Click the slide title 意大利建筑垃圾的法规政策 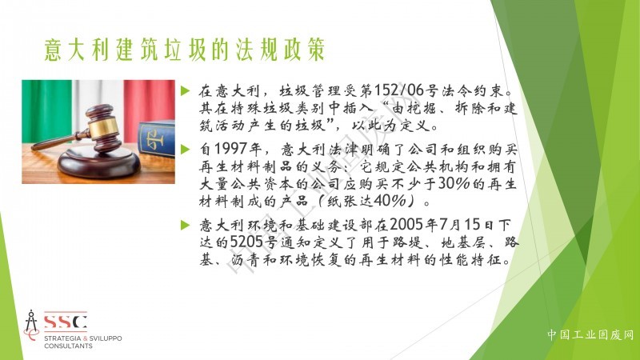185,50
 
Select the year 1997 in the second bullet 230,149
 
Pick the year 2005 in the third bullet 406,225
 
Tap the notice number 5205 247,242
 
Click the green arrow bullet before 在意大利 186,90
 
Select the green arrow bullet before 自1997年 186,150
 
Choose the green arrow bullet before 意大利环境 186,225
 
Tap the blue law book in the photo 157,138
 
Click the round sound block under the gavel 99,162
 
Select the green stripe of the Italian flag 46,110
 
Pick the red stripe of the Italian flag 150,107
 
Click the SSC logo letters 66,322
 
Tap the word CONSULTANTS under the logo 68,346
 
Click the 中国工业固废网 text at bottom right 590,335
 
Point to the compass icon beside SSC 31,325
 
